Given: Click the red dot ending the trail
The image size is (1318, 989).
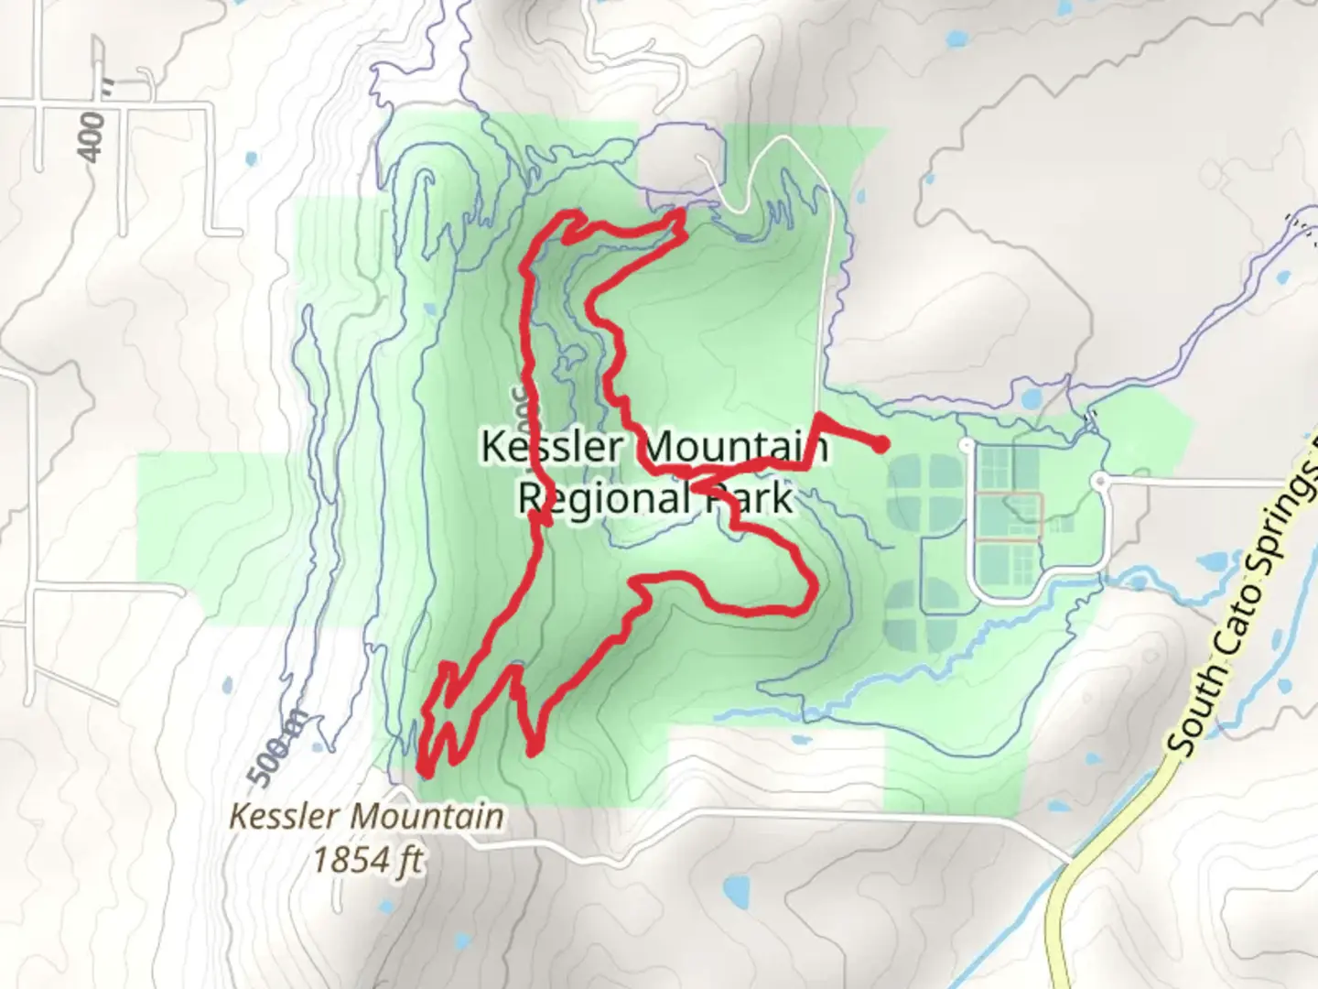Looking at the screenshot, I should (880, 446).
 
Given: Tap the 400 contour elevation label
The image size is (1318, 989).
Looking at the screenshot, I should (92, 137).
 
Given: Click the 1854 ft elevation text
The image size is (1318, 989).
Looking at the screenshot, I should (368, 861).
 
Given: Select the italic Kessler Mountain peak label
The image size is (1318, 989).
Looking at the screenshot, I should (366, 816).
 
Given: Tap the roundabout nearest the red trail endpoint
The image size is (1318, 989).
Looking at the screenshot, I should (966, 445).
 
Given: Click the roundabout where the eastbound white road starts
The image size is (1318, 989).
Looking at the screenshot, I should (1101, 480).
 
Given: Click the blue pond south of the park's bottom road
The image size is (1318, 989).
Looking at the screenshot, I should (733, 887).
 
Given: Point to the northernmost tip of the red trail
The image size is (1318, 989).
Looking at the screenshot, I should (680, 213).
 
